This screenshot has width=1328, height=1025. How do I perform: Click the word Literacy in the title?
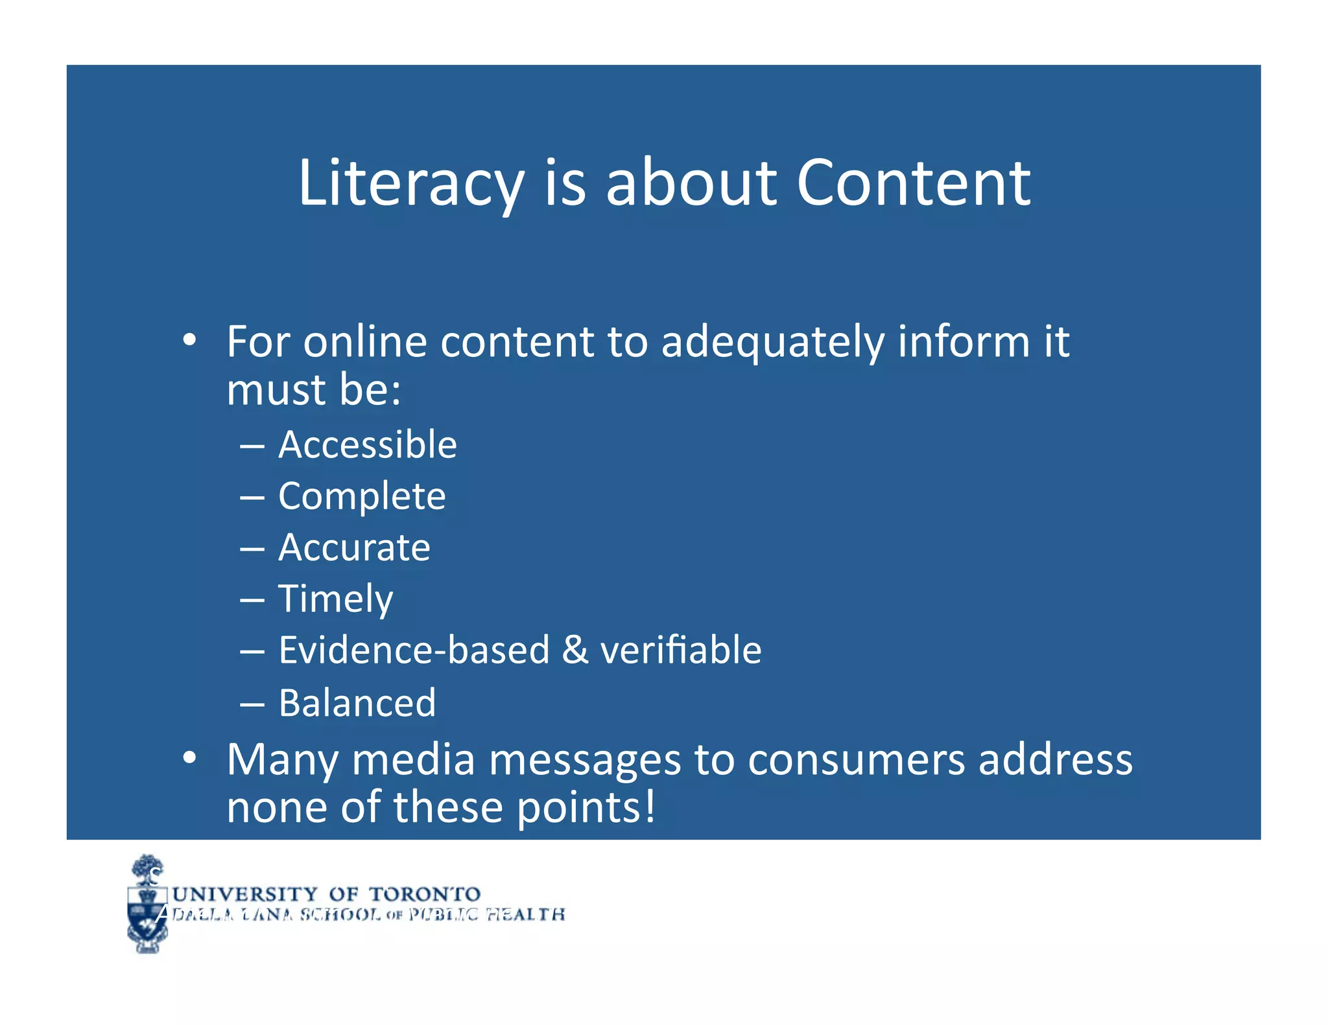click(410, 184)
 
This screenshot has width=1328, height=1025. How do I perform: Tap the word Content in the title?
click(913, 184)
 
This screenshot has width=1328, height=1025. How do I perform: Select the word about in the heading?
click(691, 184)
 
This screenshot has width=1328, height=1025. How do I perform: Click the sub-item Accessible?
click(368, 445)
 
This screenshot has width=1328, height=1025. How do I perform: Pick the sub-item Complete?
click(362, 497)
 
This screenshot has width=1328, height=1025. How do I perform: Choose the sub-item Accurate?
click(354, 548)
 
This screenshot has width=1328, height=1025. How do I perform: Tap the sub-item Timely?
click(335, 599)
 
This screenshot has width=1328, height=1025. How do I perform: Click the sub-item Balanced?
click(357, 703)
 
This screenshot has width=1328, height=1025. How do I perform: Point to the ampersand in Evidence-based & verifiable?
click(575, 651)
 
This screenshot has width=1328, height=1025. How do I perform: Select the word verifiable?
click(681, 651)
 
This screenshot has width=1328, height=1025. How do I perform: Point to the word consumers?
click(856, 760)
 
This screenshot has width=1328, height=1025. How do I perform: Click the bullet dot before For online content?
click(189, 340)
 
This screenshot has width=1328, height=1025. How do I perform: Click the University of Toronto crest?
click(147, 904)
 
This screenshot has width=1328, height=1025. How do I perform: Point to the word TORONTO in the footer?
click(425, 895)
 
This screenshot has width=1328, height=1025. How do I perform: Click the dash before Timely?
click(252, 601)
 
